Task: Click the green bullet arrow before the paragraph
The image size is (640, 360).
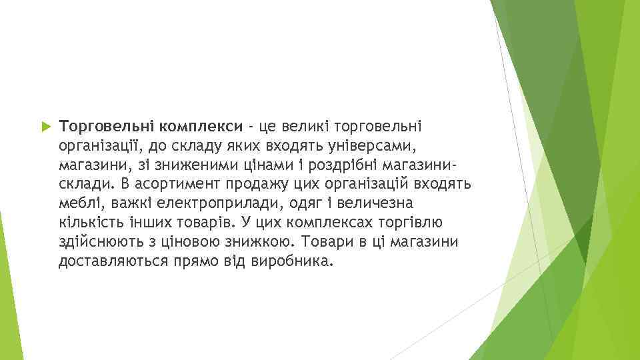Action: tap(45, 126)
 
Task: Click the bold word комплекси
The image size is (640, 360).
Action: tap(201, 126)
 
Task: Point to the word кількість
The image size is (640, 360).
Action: tap(89, 221)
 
